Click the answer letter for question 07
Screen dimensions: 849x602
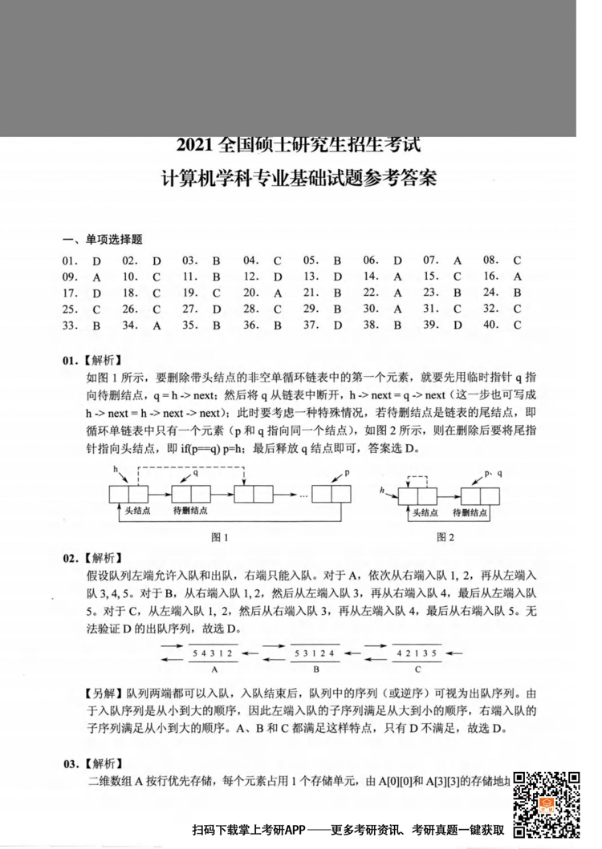click(x=458, y=261)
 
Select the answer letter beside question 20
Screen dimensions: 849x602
click(x=277, y=293)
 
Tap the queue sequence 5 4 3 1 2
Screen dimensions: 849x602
click(x=214, y=654)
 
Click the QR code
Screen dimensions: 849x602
click(x=547, y=803)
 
